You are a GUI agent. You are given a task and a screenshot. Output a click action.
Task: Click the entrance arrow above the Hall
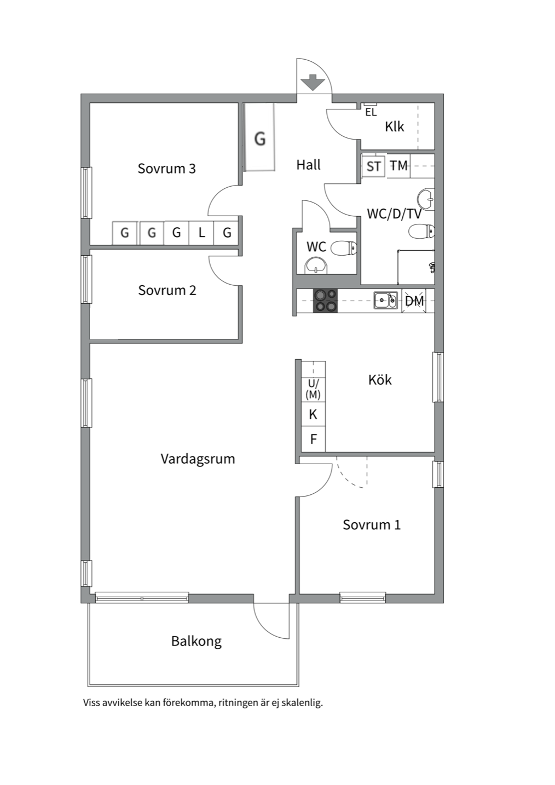(313, 82)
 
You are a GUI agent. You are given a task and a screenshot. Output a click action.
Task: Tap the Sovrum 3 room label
(166, 169)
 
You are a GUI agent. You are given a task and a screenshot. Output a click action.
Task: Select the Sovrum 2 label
(167, 290)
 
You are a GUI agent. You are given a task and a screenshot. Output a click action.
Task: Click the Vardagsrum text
(198, 459)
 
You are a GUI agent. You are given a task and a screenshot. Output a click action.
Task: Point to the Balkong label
(196, 642)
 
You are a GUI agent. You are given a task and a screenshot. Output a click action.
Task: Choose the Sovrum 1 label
(372, 524)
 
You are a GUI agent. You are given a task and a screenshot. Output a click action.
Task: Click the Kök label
(380, 379)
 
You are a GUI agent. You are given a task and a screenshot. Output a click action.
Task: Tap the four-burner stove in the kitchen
(325, 301)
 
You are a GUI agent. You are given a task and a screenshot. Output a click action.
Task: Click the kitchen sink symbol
(385, 300)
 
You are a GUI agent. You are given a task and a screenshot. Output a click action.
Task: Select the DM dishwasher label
(414, 301)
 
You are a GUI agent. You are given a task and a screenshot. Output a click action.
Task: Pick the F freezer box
(313, 439)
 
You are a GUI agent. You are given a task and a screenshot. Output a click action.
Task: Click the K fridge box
(313, 414)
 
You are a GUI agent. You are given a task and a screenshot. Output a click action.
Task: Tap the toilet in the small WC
(343, 248)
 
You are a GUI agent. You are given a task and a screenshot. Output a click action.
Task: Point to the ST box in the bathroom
(373, 166)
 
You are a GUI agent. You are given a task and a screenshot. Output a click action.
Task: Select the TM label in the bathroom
(398, 165)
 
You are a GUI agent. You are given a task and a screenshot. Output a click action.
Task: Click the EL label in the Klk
(371, 112)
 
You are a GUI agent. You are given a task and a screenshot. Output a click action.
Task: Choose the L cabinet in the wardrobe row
(201, 232)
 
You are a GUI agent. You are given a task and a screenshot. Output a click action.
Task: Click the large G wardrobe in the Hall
(259, 137)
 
